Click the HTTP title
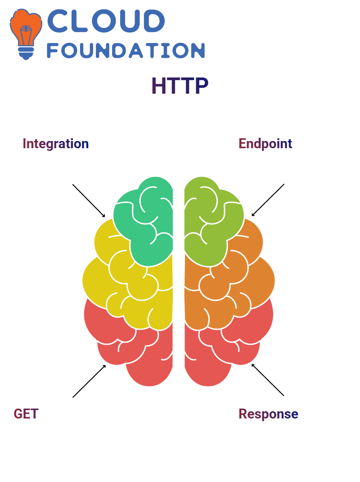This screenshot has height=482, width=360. pyautogui.click(x=180, y=86)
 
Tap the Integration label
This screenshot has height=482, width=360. pyautogui.click(x=56, y=144)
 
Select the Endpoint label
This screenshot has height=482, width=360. pyautogui.click(x=265, y=144)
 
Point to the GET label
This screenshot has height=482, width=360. pyautogui.click(x=26, y=414)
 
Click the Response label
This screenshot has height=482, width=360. pyautogui.click(x=269, y=414)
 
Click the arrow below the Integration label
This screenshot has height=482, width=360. pyautogui.click(x=89, y=201)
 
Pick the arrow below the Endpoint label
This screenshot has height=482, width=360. pyautogui.click(x=268, y=200)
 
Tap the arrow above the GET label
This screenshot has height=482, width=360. pyautogui.click(x=89, y=381)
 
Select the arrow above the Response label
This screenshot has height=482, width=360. pyautogui.click(x=268, y=380)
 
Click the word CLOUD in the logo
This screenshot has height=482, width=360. pyautogui.click(x=106, y=21)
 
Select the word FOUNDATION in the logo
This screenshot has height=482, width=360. pyautogui.click(x=126, y=50)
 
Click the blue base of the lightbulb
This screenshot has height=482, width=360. pyautogui.click(x=26, y=53)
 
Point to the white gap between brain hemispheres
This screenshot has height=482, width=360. pyautogui.click(x=179, y=277)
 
